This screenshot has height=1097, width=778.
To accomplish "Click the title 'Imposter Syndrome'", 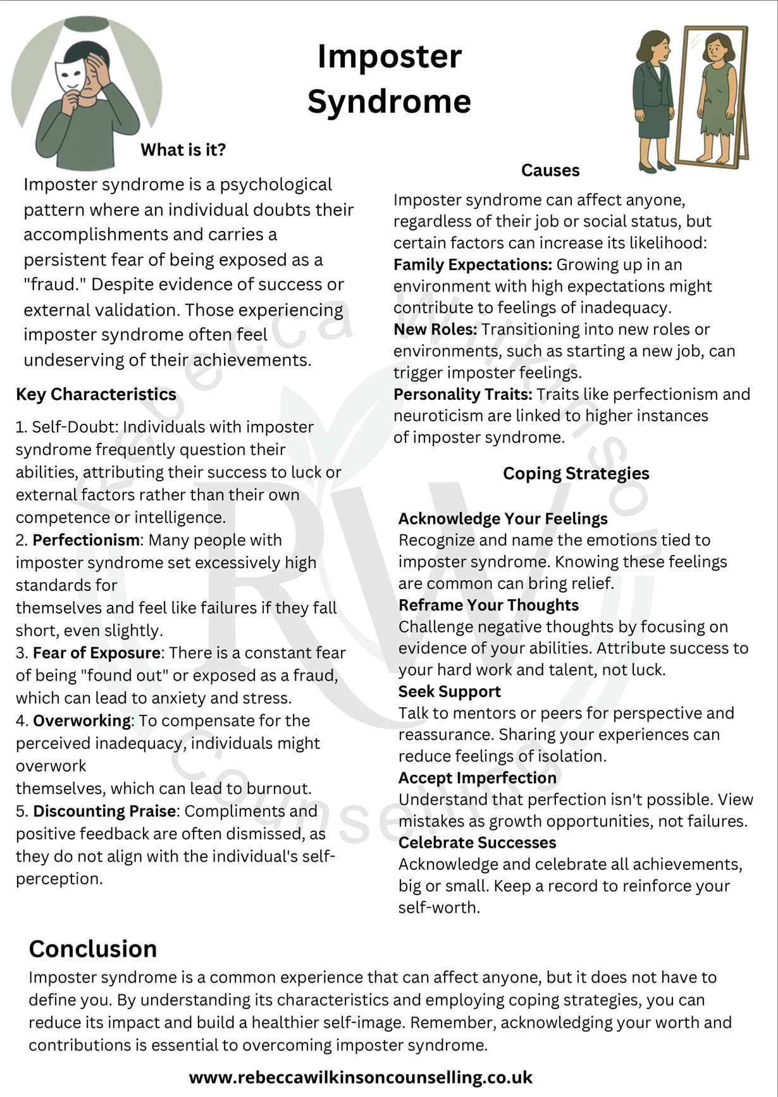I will (389, 78).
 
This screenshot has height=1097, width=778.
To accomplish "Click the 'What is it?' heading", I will (183, 150).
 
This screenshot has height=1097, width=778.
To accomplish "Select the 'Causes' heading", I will (550, 170).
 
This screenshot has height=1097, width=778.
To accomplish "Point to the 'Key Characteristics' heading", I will (96, 394).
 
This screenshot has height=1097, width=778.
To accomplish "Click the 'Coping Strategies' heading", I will (576, 473).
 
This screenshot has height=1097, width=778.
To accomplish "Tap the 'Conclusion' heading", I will (93, 949).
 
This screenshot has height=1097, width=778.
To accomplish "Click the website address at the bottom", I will (361, 1077).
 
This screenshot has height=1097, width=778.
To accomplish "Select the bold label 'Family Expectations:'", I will (472, 264).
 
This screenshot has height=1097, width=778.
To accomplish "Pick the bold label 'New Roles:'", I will (435, 330).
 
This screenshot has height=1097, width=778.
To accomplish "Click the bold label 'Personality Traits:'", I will (463, 394).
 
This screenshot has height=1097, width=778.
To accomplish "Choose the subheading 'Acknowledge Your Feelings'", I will (503, 519).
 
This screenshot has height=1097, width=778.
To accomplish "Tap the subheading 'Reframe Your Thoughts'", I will (488, 605).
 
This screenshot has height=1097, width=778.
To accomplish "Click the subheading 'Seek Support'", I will (449, 691).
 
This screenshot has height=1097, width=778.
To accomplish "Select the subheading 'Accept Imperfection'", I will (478, 778).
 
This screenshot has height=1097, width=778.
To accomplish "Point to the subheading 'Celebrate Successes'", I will (477, 843).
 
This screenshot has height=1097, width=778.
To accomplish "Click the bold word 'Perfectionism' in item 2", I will (86, 540).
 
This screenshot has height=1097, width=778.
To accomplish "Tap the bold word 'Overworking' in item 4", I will (82, 721).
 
